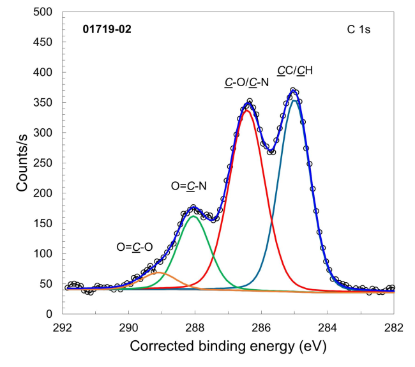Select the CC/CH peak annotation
[294, 70]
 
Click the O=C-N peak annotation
[188, 186]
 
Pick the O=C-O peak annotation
[133, 247]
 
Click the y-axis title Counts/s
[24, 163]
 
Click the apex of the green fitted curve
[195, 216]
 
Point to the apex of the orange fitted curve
[160, 273]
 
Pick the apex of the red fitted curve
[246, 110]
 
